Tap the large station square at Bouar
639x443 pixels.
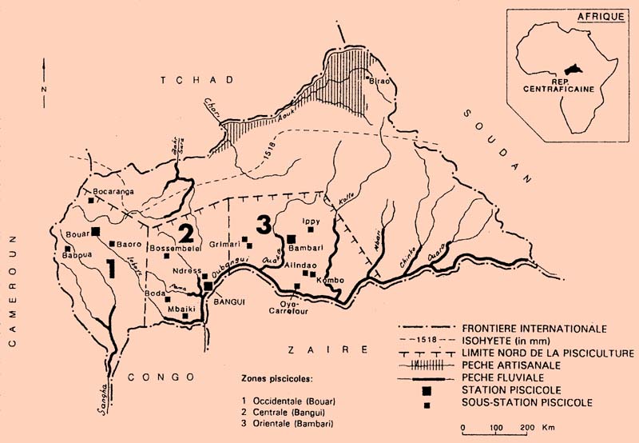point(95,231)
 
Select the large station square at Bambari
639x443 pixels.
point(292,238)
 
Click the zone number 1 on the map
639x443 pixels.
point(113,269)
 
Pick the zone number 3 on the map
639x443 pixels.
point(262,225)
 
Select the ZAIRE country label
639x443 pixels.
point(329,350)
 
